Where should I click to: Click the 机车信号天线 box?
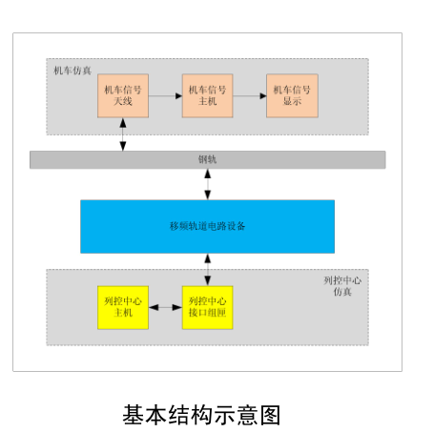coord(123,95)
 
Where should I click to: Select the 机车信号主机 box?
coord(208,95)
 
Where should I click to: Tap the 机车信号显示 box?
coord(292,95)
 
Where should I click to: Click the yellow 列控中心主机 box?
coord(123,307)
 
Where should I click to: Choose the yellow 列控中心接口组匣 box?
coord(208,307)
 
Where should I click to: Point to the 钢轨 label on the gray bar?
coord(207,159)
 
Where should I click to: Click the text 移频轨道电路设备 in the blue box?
coord(207,226)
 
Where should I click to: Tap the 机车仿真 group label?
coord(72,71)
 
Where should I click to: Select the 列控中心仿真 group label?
coord(342,286)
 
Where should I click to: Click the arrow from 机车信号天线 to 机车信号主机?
coord(165,95)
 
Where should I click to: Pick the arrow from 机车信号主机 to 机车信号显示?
coord(250,95)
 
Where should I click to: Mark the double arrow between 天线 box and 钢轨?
coord(123,134)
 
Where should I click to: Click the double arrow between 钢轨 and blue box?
coord(208,184)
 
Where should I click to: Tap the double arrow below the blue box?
coord(208,270)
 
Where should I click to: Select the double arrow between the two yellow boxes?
coord(165,307)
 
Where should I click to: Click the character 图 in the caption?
coord(271,415)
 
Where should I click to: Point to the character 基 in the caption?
coord(134,415)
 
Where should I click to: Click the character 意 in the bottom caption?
coord(247,415)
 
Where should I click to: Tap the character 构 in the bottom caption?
coord(201,415)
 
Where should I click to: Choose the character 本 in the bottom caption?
coord(155,415)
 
